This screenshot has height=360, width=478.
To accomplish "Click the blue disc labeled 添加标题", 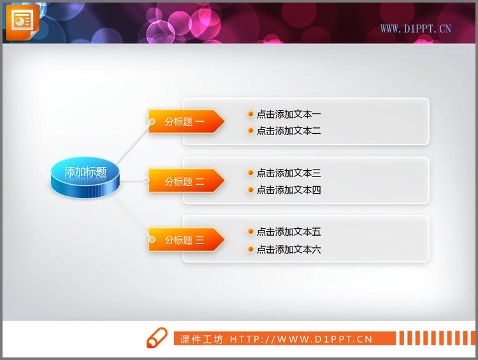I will pos(85,176).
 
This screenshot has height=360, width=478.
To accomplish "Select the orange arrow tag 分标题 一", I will pos(185,122).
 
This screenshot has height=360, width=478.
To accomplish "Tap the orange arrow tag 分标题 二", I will pos(185,181).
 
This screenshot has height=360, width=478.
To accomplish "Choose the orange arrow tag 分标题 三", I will pos(185,240).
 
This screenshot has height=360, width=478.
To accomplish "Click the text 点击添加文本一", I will pos(289,115).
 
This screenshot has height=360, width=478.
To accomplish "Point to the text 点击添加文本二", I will pos(289,131).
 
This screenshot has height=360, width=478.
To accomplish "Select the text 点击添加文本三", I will pos(289,173).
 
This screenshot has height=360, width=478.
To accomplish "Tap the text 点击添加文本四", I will pos(289,190).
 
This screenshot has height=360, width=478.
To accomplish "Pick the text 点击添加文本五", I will pos(289,232).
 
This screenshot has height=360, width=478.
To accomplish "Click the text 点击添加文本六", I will pos(289,250).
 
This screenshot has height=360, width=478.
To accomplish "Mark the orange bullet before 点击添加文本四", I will pos(250,190).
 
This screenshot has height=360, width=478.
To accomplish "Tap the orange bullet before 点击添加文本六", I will pos(250,250).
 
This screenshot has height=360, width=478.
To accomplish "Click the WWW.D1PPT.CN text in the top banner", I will pos(416,29).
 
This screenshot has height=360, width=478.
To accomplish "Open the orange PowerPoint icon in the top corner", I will pos(22,20).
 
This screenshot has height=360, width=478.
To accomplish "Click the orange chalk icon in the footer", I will pos(156,339).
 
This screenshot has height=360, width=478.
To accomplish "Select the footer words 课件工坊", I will pos(201,340).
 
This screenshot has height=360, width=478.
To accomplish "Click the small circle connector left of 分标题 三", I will pos(152,240).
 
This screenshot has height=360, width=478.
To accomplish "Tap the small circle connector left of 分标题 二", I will pos(147,181).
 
